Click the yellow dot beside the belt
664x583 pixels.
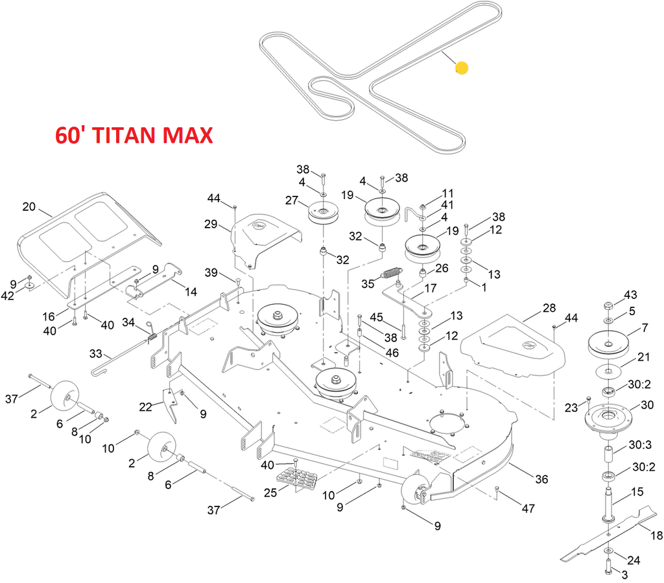point(462,68)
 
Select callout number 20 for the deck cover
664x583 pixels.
point(29,207)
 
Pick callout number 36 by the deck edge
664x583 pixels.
point(541,479)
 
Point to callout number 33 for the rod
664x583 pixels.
point(96,354)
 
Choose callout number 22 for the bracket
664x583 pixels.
point(146,406)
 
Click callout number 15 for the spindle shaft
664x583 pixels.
point(637,491)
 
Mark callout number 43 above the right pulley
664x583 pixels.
point(631,294)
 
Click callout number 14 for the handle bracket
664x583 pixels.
point(190,292)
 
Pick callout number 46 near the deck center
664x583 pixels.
point(392,353)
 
